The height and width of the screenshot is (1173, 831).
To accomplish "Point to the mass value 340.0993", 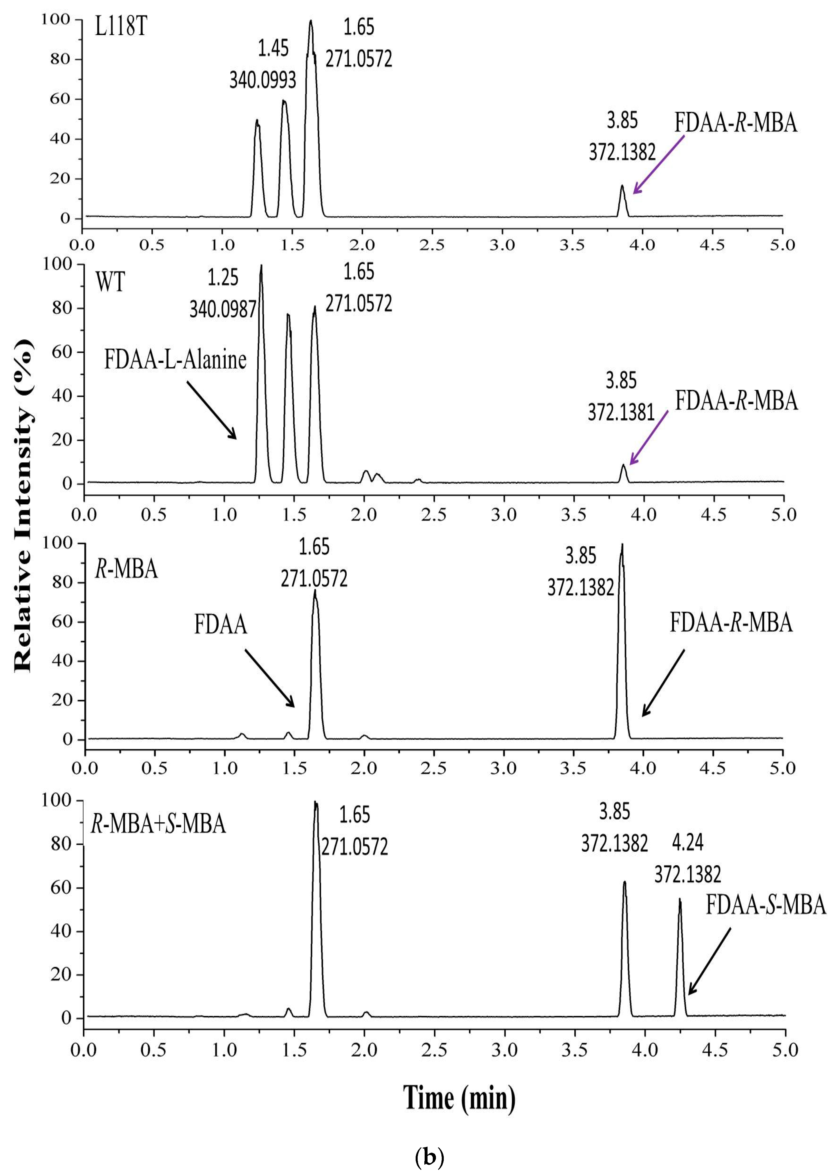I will (262, 80).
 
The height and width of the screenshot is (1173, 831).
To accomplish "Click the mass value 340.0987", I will (222, 309).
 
